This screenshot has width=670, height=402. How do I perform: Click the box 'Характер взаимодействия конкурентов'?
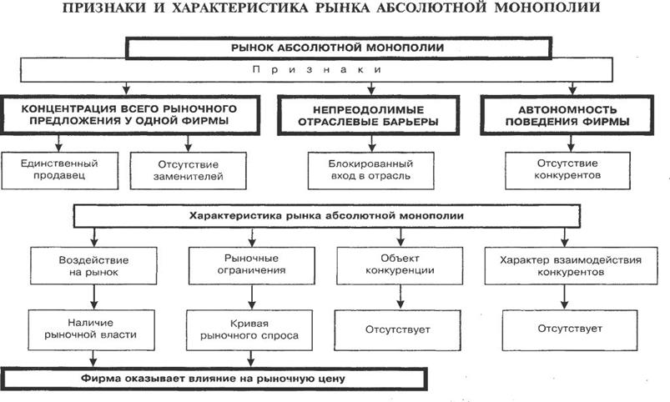click(x=570, y=266)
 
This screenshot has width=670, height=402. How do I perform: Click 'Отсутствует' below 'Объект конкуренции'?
click(x=397, y=329)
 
